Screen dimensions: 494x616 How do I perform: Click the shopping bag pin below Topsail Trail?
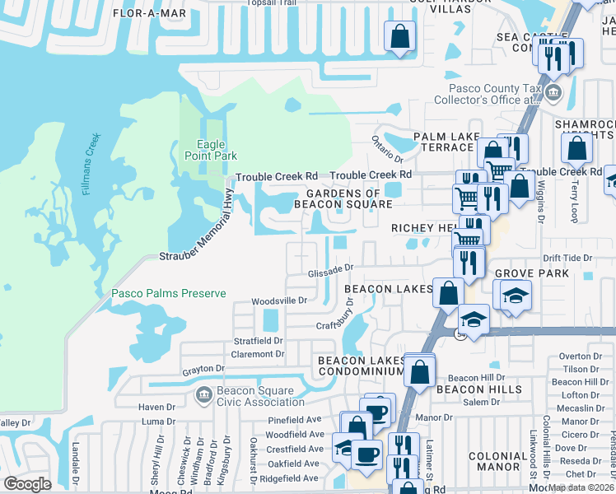[399, 37]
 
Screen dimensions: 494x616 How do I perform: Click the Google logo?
[27, 484]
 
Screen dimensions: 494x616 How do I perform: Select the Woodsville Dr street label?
[279, 301]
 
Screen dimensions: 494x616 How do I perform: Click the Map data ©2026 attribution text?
[581, 487]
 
